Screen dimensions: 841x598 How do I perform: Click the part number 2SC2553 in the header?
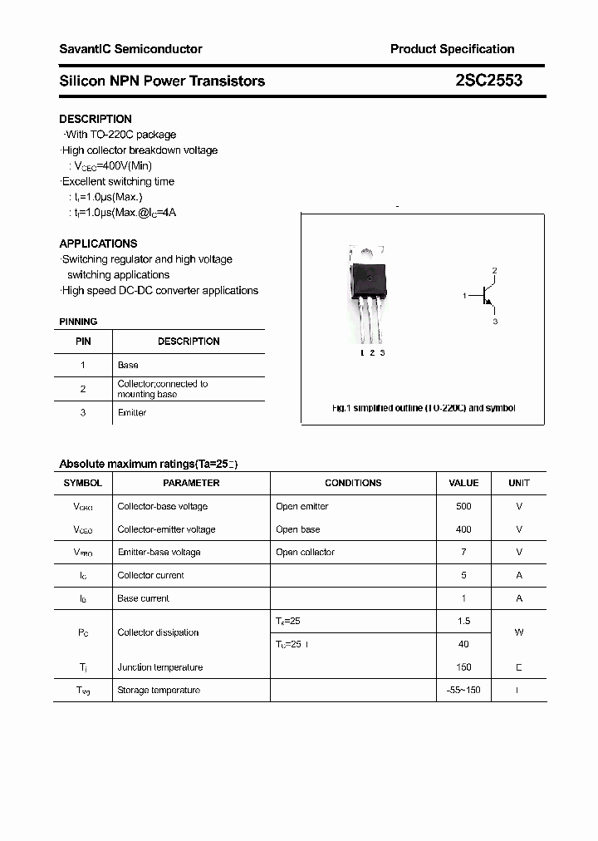pos(488,81)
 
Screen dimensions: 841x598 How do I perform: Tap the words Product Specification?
pos(452,49)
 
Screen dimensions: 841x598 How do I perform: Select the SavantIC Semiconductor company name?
pos(130,49)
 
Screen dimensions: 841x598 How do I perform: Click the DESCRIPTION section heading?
pos(96,119)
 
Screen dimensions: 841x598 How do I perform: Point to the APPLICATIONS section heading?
pos(98,243)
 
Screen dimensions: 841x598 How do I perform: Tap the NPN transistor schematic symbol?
pos(487,295)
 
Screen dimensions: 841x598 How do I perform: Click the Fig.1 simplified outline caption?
pos(423,408)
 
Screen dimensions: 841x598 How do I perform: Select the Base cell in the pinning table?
pos(128,365)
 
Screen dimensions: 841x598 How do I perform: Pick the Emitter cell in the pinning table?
pos(132,413)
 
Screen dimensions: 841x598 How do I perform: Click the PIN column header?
pos(83,342)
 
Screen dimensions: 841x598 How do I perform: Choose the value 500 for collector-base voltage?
pos(463,506)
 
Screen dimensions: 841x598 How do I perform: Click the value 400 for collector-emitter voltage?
pos(463,529)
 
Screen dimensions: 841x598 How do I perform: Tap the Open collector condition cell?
pos(305,552)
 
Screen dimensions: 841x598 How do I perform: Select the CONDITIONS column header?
pos(353,483)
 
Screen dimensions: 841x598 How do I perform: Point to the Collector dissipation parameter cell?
pos(158,632)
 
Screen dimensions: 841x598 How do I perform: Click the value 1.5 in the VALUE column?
pos(463,621)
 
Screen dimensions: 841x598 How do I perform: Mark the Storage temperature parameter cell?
pos(159,690)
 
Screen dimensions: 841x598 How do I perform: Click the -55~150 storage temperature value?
pos(463,690)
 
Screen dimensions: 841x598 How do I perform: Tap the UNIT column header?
pos(519,483)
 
